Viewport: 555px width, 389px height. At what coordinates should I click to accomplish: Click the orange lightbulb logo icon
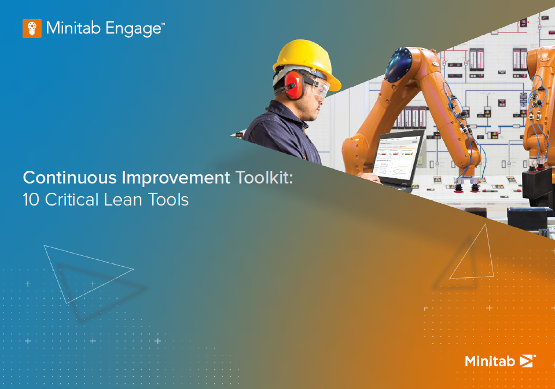coord(32,28)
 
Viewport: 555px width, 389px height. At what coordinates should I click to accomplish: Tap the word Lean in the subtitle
coord(123,199)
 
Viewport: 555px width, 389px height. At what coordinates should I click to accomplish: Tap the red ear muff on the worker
coord(295,85)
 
